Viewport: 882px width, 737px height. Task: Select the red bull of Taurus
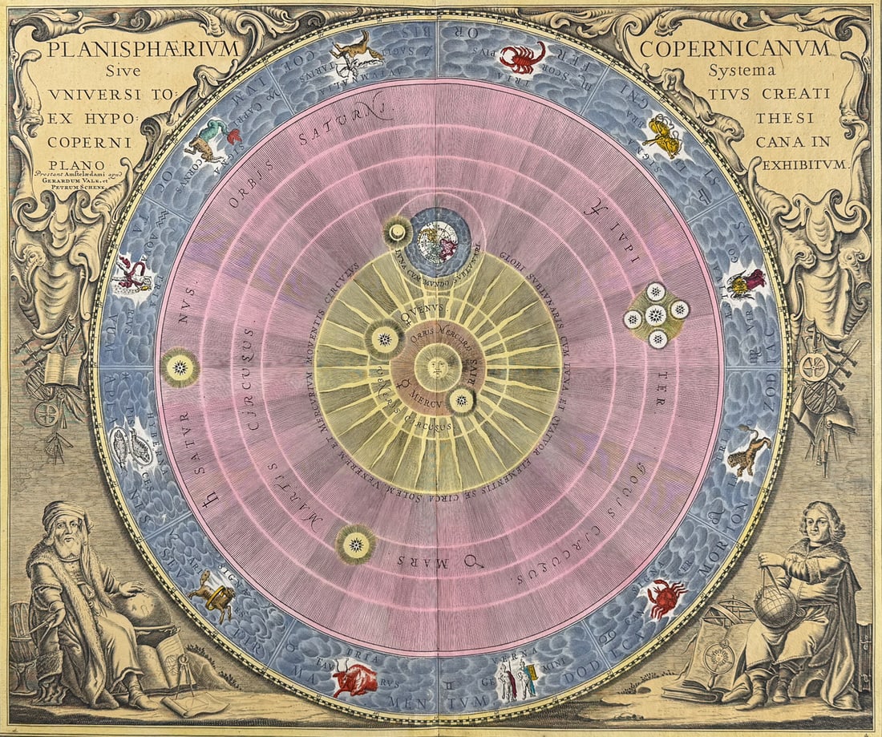click(354, 679)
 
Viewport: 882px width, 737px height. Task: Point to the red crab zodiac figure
click(666, 597)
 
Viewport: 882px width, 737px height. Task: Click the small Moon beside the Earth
click(396, 233)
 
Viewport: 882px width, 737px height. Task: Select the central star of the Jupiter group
click(656, 315)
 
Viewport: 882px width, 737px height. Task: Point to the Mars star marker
click(355, 545)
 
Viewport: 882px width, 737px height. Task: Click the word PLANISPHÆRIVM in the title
click(144, 48)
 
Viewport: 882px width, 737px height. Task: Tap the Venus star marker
click(385, 339)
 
